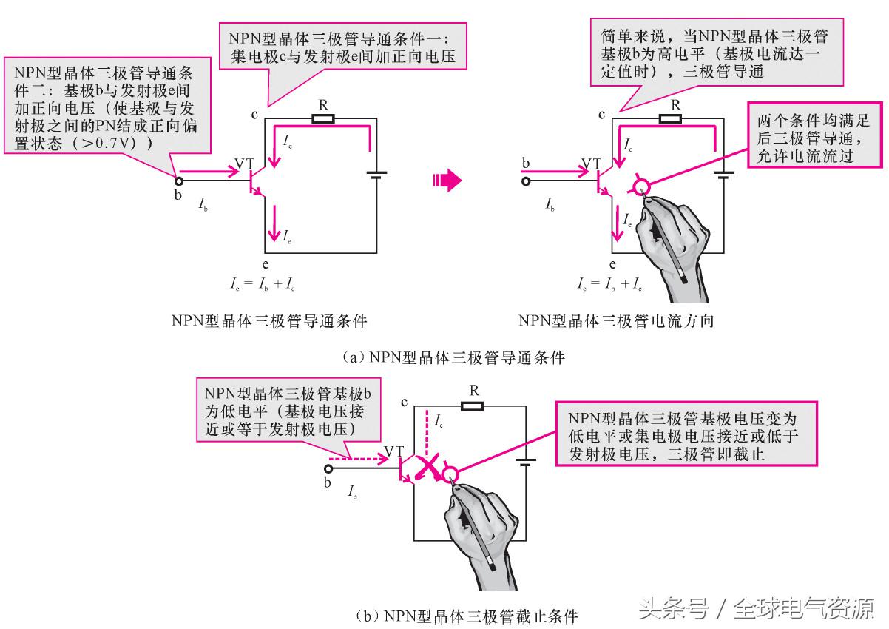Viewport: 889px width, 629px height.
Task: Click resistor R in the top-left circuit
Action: pos(323,118)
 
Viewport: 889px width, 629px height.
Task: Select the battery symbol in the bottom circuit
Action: pos(526,464)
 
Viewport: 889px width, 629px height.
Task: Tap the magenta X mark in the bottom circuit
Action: pos(427,468)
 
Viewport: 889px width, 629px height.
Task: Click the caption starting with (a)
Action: pos(453,357)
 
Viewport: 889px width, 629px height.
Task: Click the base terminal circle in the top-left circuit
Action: pos(178,181)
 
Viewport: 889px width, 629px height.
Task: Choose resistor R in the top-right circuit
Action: pos(671,118)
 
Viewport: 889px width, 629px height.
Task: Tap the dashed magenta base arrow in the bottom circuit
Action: pos(359,460)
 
